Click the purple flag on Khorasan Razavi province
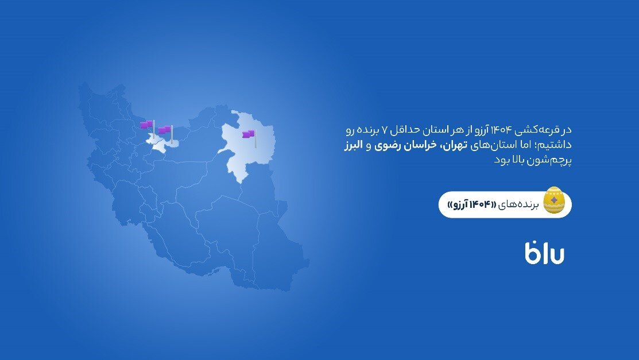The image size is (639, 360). pyautogui.click(x=248, y=134)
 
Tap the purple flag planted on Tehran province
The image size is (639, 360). pyautogui.click(x=165, y=130)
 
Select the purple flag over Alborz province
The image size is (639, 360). pyautogui.click(x=147, y=125)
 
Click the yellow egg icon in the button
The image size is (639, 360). pyautogui.click(x=553, y=200)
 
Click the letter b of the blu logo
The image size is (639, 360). pyautogui.click(x=531, y=253)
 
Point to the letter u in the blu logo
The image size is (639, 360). pyautogui.click(x=555, y=254)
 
